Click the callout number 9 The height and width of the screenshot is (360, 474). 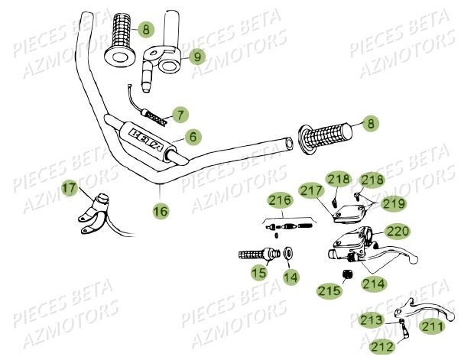tap(196, 56)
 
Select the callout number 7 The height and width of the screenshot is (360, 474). tap(180, 115)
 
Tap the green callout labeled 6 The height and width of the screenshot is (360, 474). tap(193, 137)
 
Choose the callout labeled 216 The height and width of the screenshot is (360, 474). tap(280, 202)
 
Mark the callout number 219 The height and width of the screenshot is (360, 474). tap(394, 203)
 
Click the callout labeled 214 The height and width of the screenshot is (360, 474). tap(374, 284)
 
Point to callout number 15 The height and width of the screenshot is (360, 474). tap(259, 271)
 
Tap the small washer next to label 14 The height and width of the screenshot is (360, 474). tap(290, 253)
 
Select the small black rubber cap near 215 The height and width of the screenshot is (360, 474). tap(346, 274)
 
